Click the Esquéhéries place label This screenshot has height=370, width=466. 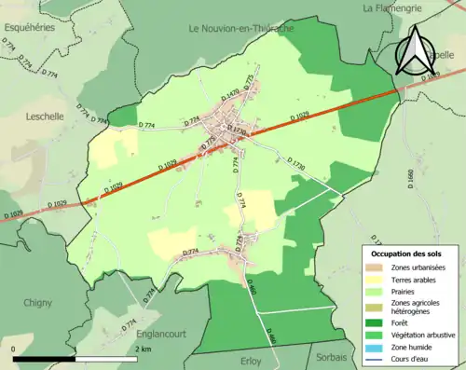pyautogui.click(x=29, y=27)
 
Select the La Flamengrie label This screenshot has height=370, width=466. pyautogui.click(x=393, y=8)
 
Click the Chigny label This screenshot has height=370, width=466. pyautogui.click(x=37, y=302)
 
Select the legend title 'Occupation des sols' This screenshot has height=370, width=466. pyautogui.click(x=406, y=254)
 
